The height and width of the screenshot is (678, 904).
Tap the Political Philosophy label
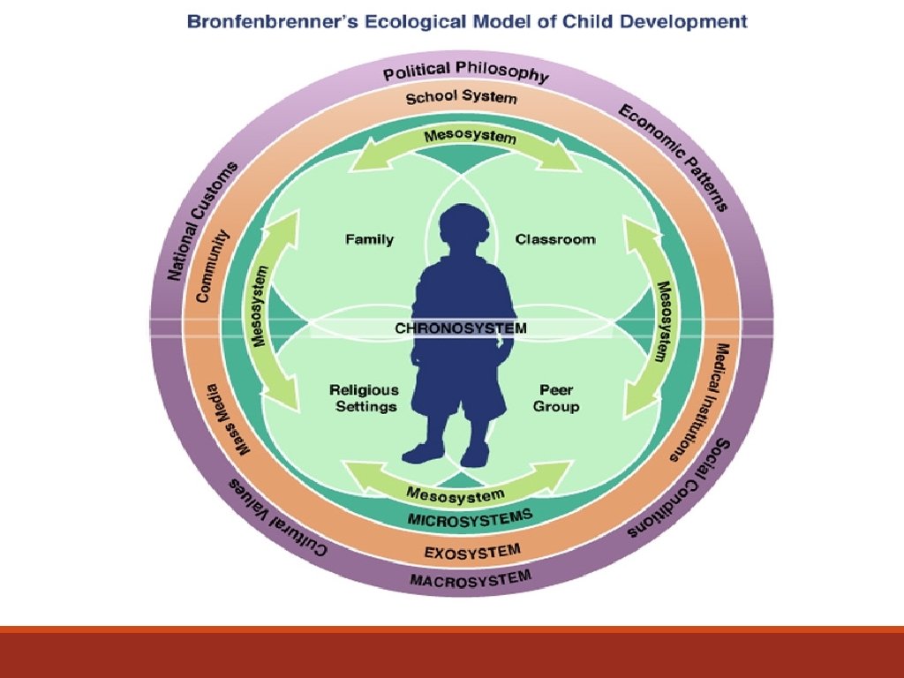point(465,71)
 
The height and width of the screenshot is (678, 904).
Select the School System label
point(461,97)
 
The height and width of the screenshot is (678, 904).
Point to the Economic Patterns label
point(673,156)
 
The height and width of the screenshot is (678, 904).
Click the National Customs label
point(202,222)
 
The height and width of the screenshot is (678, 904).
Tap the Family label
point(369,239)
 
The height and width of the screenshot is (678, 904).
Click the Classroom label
point(555,239)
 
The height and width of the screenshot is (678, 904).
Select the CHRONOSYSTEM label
point(460,328)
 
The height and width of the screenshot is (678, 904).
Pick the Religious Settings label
point(364,398)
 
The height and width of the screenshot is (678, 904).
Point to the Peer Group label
point(556,398)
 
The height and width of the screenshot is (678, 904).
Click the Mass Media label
point(228,418)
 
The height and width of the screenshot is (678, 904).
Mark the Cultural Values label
point(277,518)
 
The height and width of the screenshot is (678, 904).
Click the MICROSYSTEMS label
point(469,517)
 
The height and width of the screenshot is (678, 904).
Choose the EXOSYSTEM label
point(472,553)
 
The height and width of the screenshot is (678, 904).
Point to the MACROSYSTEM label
point(471,579)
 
